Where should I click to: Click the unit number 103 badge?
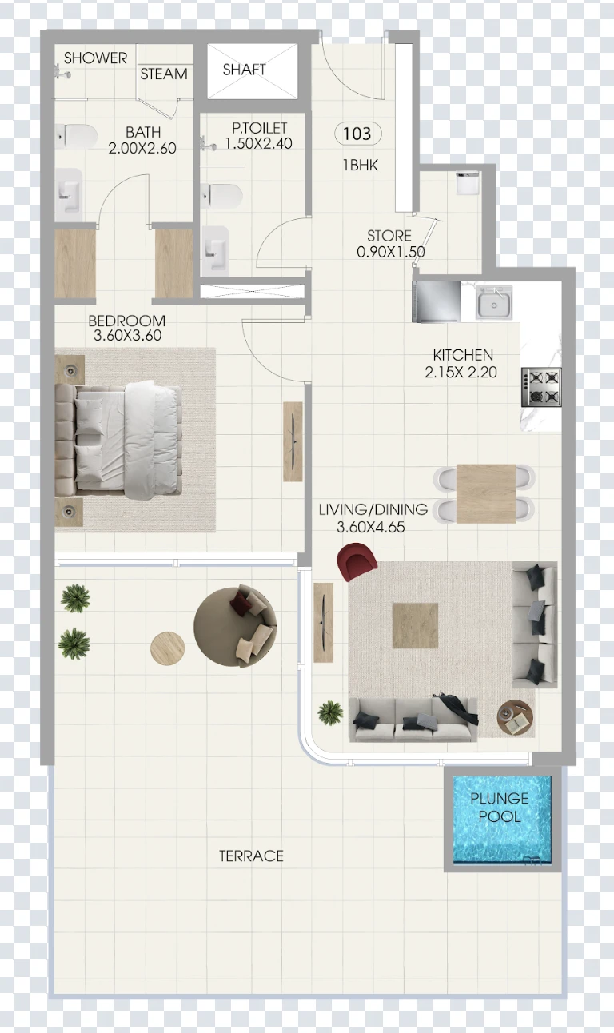tap(357, 134)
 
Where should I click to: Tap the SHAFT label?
tap(245, 70)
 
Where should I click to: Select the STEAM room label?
tap(164, 74)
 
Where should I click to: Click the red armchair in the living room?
tap(357, 561)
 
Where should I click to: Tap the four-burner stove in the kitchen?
tap(541, 386)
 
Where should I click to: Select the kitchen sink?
tap(494, 302)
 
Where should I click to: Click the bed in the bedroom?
tap(118, 440)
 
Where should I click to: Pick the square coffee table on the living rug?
tap(415, 625)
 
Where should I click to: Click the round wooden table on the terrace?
tap(168, 648)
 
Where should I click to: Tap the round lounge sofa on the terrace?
tap(235, 627)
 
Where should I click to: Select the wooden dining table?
tap(486, 493)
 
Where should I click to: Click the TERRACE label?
tap(251, 856)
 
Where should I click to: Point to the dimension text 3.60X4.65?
tap(371, 527)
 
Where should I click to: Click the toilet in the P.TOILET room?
tap(221, 194)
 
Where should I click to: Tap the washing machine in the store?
tap(468, 183)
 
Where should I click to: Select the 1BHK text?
tap(361, 165)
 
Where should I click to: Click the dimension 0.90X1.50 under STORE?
tap(391, 252)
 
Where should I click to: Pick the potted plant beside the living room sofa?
tap(330, 713)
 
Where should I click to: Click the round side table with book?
tap(516, 717)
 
